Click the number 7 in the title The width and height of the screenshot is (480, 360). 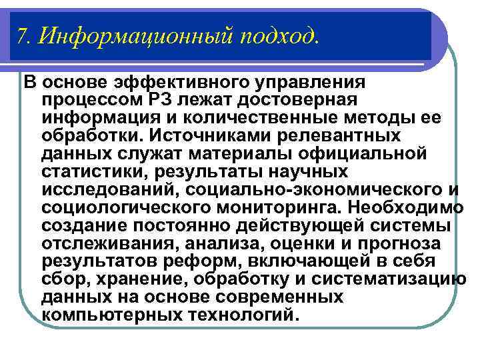coord(23,35)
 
